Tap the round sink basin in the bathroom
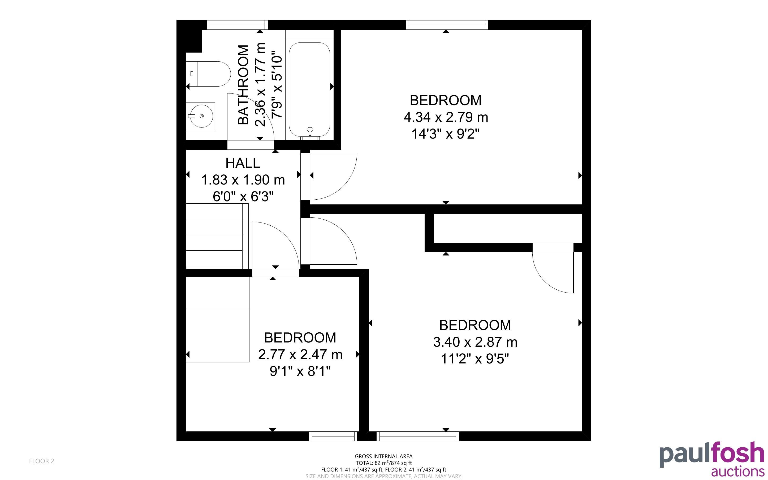[x=201, y=117]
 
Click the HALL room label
[x=243, y=163]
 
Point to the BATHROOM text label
[x=243, y=85]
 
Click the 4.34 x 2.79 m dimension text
[x=446, y=117]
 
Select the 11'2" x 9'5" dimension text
[x=475, y=359]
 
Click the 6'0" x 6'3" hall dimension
[x=243, y=197]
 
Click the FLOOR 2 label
[x=42, y=461]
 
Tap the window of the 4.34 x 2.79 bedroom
[x=447, y=25]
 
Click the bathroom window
[x=237, y=25]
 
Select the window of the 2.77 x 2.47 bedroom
[x=333, y=436]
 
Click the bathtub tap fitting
[x=310, y=131]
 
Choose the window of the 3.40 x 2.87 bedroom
[x=418, y=436]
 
